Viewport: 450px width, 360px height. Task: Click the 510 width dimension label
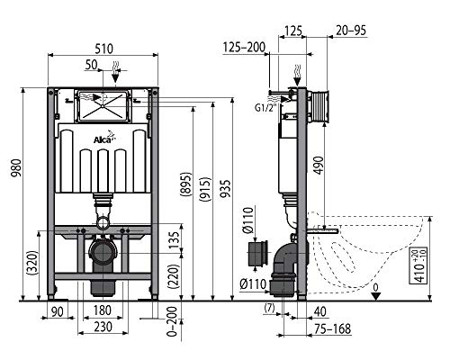click(x=103, y=49)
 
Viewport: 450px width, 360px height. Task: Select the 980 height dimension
click(x=17, y=168)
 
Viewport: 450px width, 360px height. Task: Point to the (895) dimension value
click(x=186, y=184)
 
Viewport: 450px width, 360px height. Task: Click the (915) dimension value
click(x=205, y=189)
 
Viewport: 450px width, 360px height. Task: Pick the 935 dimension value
click(x=225, y=188)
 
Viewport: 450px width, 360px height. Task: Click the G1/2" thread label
click(x=265, y=108)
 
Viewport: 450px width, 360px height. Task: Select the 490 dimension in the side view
click(x=319, y=165)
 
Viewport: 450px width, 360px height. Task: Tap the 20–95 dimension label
click(x=351, y=31)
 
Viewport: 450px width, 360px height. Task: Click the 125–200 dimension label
click(x=244, y=47)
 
